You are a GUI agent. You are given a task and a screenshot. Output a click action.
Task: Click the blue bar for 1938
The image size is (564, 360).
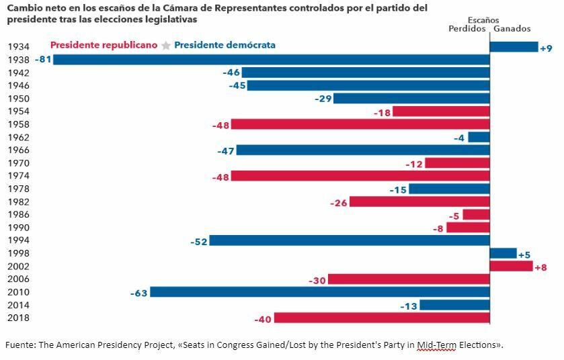point(271,60)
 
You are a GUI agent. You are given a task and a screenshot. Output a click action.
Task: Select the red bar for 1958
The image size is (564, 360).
point(360,124)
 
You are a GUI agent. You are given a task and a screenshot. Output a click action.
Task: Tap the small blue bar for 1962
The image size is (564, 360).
point(479,137)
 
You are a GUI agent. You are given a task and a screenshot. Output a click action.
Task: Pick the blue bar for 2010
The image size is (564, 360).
point(320,292)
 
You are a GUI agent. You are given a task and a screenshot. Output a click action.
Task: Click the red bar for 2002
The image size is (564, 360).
point(511,267)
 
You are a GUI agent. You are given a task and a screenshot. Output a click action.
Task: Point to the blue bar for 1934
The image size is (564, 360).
point(514,47)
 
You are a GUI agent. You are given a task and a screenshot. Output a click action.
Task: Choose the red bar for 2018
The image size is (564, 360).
point(382,318)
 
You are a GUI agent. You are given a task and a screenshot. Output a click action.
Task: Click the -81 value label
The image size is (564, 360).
point(44,60)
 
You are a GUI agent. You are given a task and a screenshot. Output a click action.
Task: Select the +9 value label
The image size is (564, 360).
point(546,48)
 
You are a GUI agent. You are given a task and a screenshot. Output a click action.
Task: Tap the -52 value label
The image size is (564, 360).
point(199,241)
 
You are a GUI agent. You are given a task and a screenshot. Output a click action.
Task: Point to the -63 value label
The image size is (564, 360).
point(140,293)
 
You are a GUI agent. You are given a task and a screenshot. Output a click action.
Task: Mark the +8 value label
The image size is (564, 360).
point(540,267)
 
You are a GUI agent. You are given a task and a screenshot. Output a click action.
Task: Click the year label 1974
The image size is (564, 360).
point(18,176)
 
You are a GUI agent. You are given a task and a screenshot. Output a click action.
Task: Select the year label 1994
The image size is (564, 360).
point(18,240)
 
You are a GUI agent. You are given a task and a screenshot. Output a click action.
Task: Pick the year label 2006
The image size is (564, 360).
point(18,279)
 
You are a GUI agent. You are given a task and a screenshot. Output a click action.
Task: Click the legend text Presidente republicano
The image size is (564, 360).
point(104,45)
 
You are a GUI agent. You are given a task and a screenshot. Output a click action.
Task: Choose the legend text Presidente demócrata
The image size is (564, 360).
point(225,45)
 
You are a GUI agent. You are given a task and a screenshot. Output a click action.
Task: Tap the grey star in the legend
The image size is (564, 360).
point(166,46)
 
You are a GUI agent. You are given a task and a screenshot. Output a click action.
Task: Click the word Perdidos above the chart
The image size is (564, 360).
point(467,29)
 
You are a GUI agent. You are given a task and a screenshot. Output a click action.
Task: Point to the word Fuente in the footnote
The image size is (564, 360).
point(19,345)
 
